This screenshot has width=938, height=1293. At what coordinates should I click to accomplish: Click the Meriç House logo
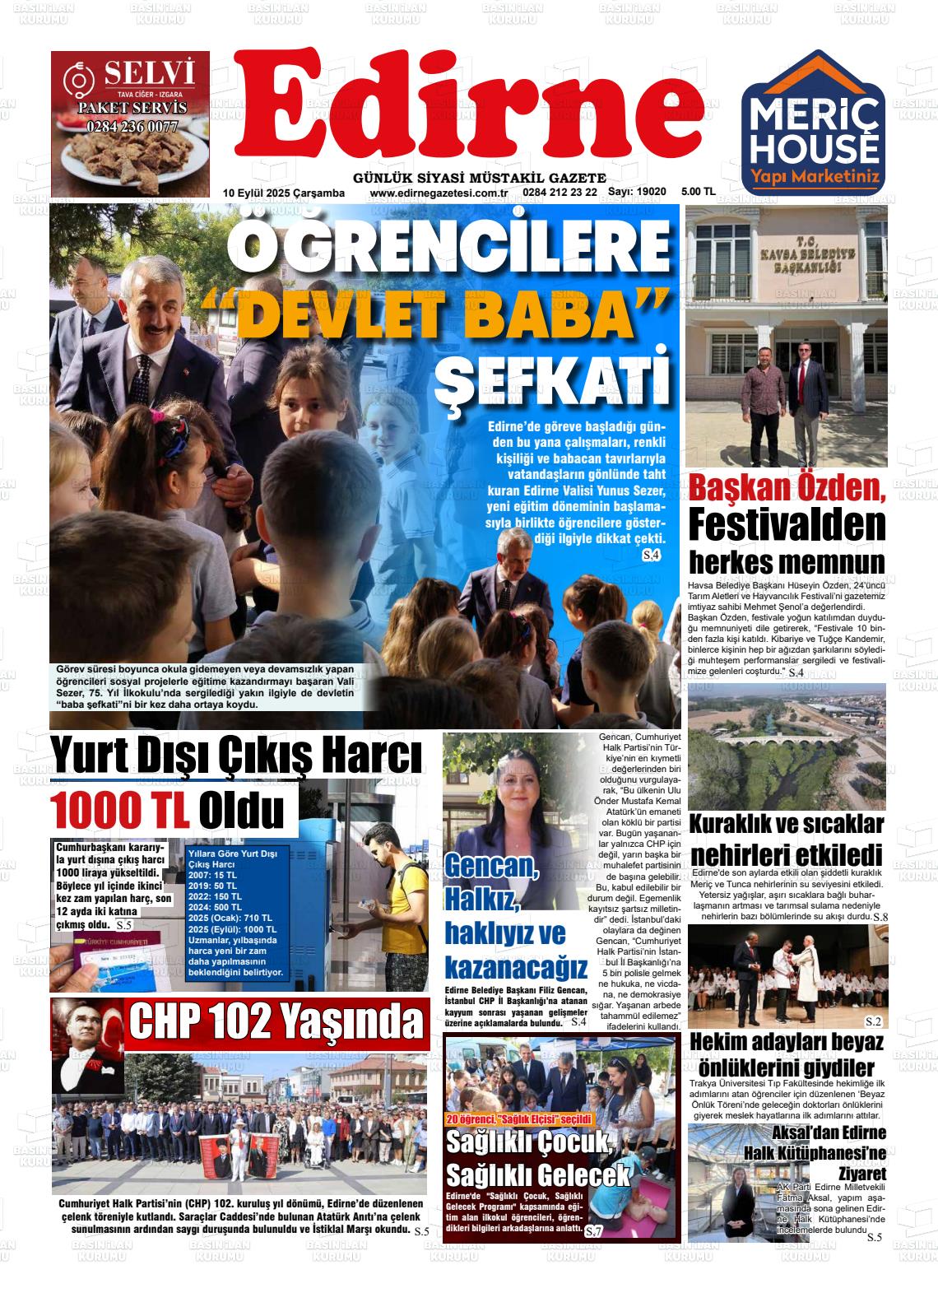click(813, 120)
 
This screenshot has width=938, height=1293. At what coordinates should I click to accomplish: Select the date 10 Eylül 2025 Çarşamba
click(283, 193)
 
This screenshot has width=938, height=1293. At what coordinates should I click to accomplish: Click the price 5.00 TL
click(699, 192)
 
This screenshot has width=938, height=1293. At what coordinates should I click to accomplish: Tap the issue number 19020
click(637, 192)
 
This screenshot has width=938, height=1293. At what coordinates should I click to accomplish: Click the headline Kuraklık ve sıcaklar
click(786, 824)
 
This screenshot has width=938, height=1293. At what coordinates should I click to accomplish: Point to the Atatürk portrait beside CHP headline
click(87, 1044)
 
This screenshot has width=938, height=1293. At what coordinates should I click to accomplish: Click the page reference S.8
click(880, 917)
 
